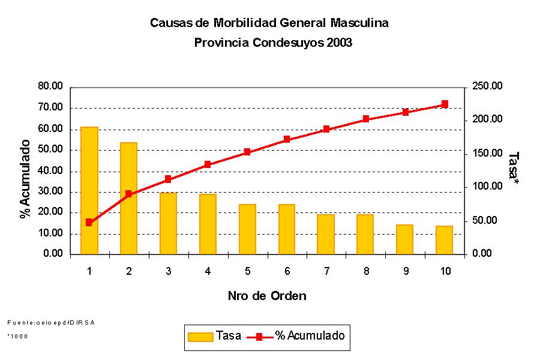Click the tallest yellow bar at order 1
[x=89, y=190]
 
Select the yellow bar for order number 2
[x=128, y=198]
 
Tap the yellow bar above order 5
[x=247, y=229]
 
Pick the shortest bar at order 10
[x=445, y=240]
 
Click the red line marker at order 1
[x=89, y=222]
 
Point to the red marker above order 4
[x=208, y=164]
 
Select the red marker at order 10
[x=445, y=104]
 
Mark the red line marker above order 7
[x=326, y=129]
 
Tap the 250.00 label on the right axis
[x=487, y=86]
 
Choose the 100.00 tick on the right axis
[x=487, y=187]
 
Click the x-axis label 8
[x=366, y=271]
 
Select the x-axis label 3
[x=168, y=271]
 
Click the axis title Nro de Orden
[x=267, y=296]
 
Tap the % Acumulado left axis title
[x=25, y=179]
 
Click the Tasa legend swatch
[x=200, y=337]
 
